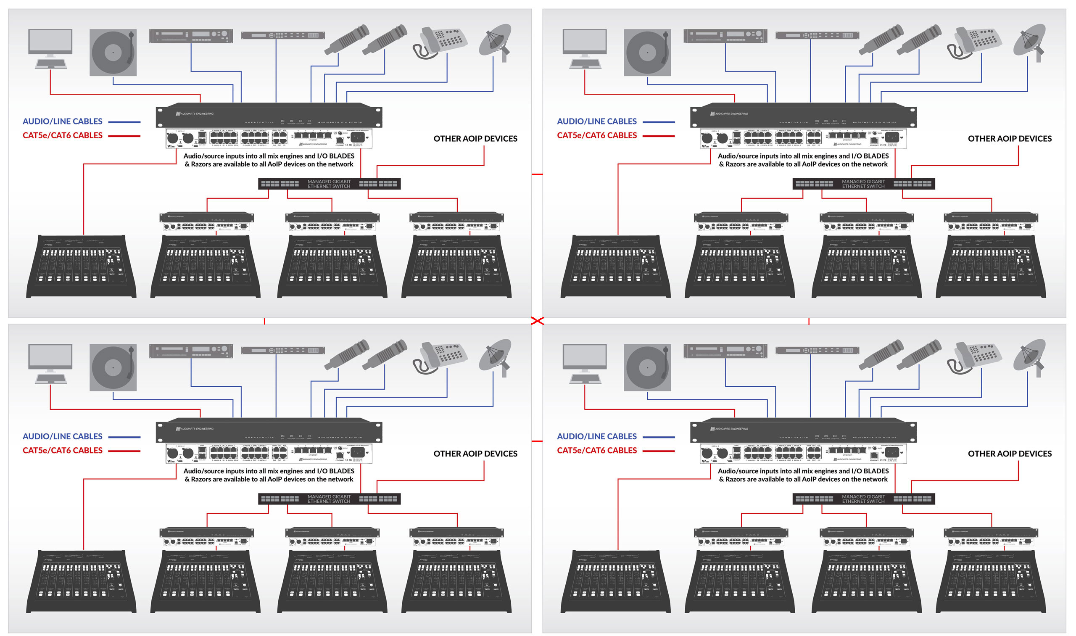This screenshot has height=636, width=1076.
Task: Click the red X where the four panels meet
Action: coord(537,321)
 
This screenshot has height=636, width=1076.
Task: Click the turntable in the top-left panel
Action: coord(113,52)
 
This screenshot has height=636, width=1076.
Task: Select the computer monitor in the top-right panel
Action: coord(585,42)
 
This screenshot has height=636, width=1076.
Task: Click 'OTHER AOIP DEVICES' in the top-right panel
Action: coord(1009,138)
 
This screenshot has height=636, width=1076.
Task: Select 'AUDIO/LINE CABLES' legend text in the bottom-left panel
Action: coord(63,436)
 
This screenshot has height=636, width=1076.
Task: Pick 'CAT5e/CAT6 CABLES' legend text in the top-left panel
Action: coord(63,135)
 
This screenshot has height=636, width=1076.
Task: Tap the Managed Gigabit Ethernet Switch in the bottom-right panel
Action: coord(863,499)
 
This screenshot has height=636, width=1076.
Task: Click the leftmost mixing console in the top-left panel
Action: coord(81,267)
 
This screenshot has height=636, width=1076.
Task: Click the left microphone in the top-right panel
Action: coord(881,40)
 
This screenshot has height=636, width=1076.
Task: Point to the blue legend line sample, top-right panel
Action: coord(658,122)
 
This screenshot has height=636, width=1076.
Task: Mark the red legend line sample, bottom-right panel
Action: coord(658,451)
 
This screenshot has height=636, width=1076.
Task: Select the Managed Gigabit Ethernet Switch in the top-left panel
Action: coord(329,184)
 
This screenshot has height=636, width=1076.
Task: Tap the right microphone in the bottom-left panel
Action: coord(385,354)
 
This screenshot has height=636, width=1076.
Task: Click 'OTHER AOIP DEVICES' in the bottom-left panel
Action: coord(475,454)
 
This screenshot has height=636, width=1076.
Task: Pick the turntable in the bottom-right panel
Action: coord(647,367)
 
